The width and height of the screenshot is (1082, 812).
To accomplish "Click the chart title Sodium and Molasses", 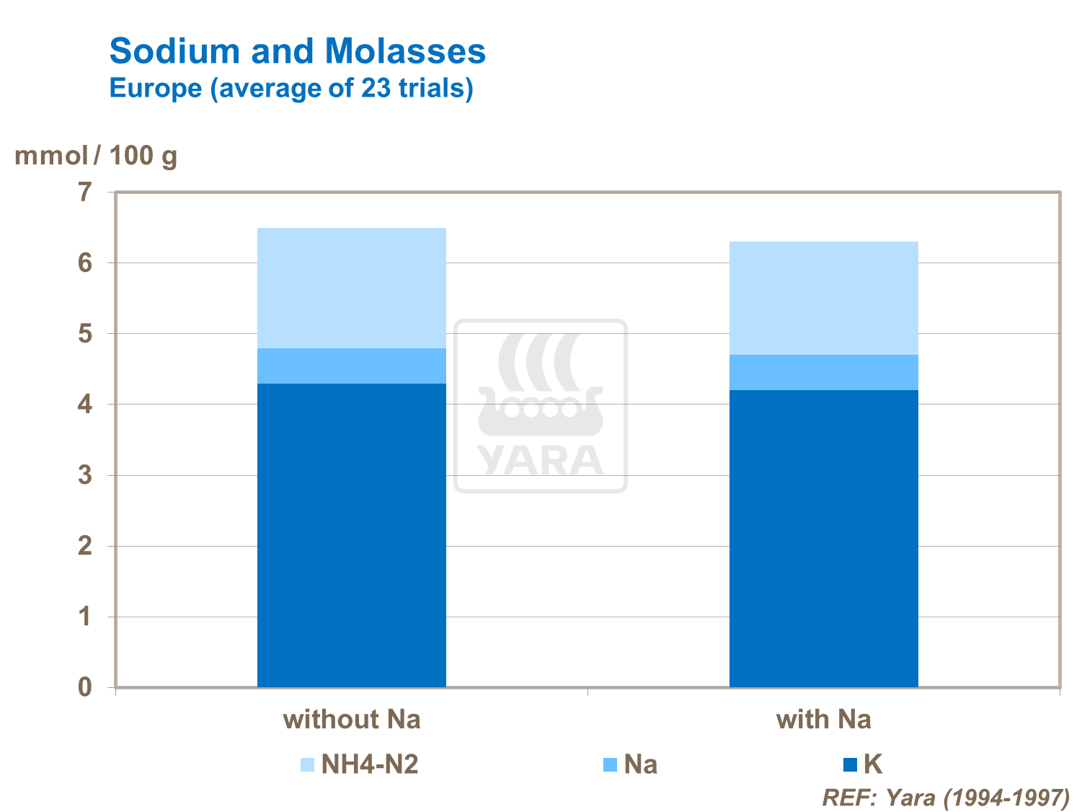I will (297, 52).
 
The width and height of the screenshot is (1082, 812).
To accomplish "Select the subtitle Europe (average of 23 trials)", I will (291, 88).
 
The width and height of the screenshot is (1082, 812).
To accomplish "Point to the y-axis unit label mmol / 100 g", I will (96, 155).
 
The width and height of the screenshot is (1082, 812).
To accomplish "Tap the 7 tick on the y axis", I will (86, 193).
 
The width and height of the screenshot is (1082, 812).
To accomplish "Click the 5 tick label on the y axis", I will (86, 334).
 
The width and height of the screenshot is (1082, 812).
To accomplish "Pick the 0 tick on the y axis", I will (86, 687).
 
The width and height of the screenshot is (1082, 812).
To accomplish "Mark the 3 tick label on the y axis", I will (86, 475).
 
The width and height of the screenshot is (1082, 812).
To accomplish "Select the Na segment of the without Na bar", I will (351, 366).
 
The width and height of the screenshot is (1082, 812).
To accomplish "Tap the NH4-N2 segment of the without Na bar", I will (351, 288).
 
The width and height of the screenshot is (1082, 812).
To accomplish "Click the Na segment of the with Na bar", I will (823, 372).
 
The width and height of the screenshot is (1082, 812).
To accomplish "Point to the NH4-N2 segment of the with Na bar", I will (823, 298).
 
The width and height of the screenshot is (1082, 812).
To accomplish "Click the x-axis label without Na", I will (351, 720).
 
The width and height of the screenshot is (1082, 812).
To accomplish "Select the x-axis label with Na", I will (823, 720).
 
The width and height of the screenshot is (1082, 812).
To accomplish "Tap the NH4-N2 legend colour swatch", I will (308, 764).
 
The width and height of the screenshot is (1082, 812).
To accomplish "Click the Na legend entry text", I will (640, 764).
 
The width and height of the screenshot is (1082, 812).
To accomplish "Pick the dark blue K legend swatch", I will (850, 764).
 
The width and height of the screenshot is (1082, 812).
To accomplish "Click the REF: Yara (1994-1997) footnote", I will (945, 798).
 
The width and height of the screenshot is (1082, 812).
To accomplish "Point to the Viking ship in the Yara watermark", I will (540, 389).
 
